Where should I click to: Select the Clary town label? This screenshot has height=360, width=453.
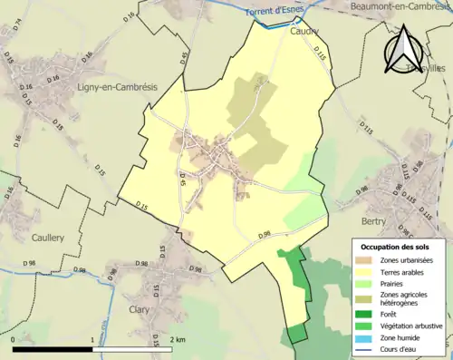pyautogui.click(x=140, y=307)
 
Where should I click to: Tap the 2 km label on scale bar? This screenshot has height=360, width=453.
pyautogui.click(x=178, y=338)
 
